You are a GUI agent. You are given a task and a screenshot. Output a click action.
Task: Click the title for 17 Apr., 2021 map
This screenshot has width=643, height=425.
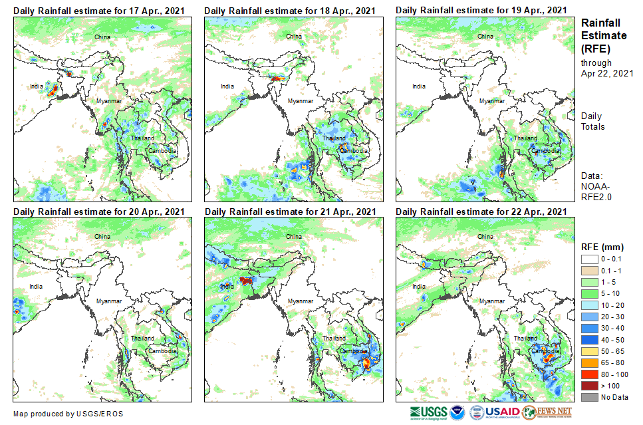(99, 11)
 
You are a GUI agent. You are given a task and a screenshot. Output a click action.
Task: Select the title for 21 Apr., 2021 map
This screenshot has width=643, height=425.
(290, 212)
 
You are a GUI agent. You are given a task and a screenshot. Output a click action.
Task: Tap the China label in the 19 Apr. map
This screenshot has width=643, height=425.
(484, 36)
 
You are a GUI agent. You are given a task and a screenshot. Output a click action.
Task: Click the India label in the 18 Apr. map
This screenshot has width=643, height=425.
(228, 86)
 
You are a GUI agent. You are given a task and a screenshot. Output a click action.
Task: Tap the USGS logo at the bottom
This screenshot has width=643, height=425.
(430, 412)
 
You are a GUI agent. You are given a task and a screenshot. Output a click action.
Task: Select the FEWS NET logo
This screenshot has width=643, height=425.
(547, 412)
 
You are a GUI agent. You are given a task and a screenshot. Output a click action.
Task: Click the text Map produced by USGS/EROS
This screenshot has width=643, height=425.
(68, 414)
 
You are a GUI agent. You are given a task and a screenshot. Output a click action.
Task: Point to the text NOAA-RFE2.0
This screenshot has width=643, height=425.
(596, 192)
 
